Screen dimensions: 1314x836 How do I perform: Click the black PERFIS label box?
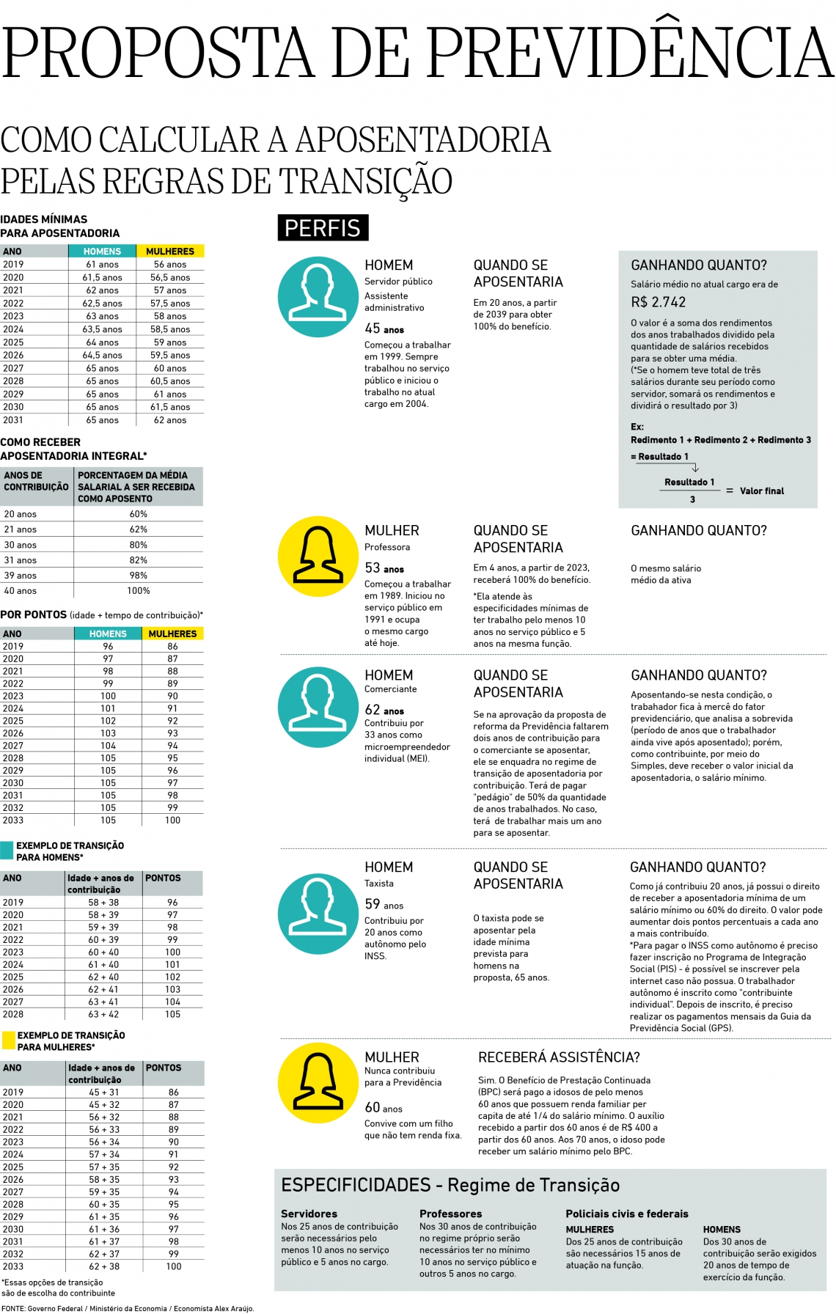coord(323,228)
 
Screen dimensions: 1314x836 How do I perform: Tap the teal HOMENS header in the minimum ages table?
coord(102,252)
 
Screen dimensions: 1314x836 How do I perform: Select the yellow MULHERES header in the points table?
coord(172,634)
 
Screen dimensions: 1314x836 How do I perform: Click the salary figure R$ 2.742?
coord(658,302)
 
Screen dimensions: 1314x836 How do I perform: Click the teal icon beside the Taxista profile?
coord(318,914)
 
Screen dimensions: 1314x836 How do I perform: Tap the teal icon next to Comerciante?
coord(318,706)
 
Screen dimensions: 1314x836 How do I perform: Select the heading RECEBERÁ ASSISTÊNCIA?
coord(559,1057)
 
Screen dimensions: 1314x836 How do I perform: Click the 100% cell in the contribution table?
coord(139,591)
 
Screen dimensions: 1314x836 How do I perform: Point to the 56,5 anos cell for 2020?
coord(170,278)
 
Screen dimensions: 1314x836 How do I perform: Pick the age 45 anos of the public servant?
coord(384,329)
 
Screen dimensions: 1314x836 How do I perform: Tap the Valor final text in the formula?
coord(761,491)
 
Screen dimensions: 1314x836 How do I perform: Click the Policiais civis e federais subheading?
coord(627,1214)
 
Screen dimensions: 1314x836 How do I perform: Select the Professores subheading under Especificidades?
coord(450,1214)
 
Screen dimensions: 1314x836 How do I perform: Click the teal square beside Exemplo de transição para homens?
coord(7,851)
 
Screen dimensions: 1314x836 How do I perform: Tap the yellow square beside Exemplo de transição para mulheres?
coord(8,1040)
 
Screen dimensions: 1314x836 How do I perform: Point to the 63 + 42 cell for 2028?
coord(103,1014)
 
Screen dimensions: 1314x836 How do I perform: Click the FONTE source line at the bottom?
coord(128,1308)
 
